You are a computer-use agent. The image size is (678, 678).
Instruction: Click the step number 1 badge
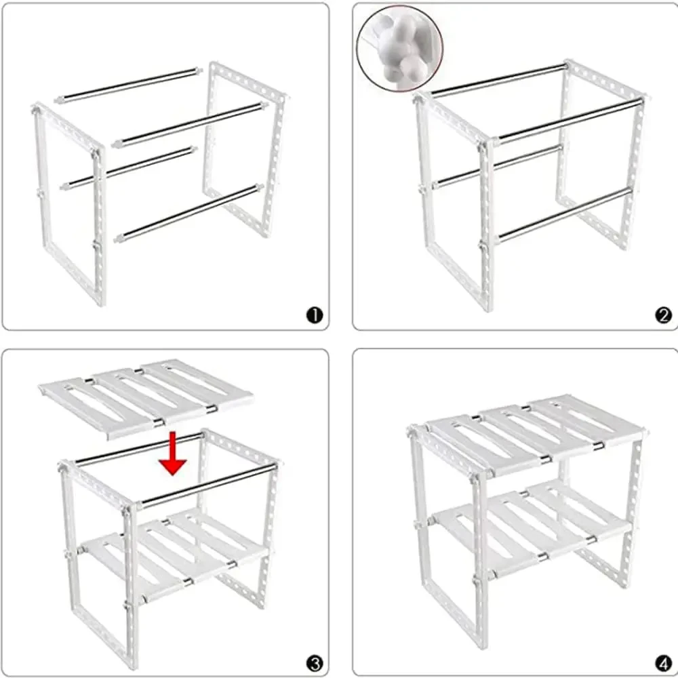[315, 315]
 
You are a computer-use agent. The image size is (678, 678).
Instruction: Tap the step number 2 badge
[663, 315]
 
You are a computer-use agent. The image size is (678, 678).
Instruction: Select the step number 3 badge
[315, 663]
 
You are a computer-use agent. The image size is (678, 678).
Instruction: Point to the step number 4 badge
[663, 663]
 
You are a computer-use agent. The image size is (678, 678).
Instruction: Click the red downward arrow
[172, 454]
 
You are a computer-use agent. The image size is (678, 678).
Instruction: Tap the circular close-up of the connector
[400, 48]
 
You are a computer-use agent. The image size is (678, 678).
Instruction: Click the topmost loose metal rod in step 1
[128, 85]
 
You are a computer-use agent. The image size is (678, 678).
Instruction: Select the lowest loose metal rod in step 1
[189, 213]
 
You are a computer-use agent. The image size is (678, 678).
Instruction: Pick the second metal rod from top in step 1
[189, 125]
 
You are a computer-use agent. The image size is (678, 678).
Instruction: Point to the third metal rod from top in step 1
[128, 169]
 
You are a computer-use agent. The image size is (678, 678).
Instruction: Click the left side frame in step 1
[69, 203]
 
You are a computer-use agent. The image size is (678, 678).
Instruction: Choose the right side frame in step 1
[245, 149]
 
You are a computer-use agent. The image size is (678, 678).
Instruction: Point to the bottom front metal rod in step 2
[564, 215]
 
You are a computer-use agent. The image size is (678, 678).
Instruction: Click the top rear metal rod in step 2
[499, 79]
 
